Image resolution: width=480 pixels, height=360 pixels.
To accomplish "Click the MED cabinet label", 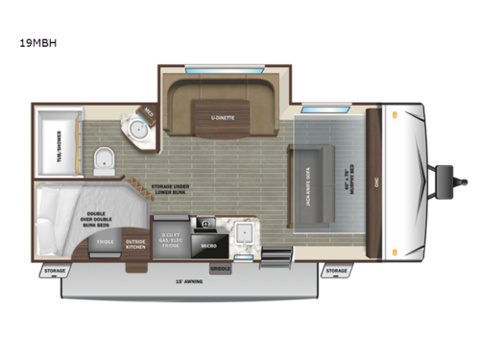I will click(150, 112).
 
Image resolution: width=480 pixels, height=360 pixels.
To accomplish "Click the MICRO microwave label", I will click(206, 244).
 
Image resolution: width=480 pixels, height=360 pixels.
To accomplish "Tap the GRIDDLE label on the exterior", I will click(221, 268).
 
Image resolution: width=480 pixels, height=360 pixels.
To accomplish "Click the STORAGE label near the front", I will click(335, 271).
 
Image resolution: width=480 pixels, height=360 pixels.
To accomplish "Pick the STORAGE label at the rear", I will click(55, 272).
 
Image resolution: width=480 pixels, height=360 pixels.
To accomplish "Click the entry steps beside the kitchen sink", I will click(276, 259).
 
